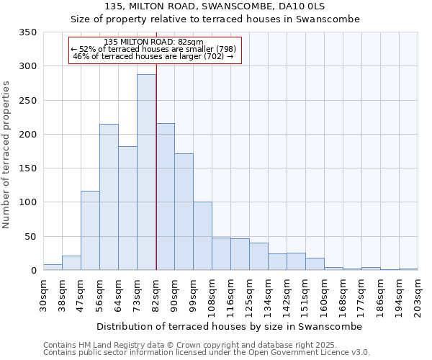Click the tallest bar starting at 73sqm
[x=147, y=173]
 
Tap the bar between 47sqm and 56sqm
[x=90, y=230]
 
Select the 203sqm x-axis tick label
[x=418, y=296]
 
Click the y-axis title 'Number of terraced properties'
[x=6, y=155]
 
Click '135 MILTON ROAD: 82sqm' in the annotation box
[x=153, y=42]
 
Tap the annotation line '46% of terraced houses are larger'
[x=153, y=57]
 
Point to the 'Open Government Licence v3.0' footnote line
[x=207, y=352]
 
